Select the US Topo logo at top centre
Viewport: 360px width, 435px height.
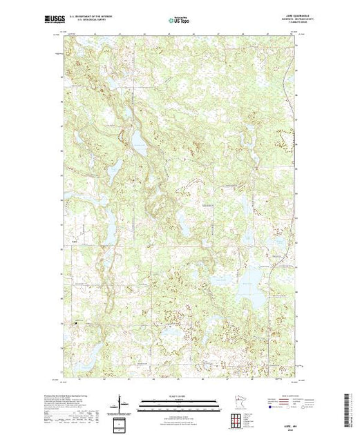coord(179,20)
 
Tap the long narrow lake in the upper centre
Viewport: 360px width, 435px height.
coord(138,141)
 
